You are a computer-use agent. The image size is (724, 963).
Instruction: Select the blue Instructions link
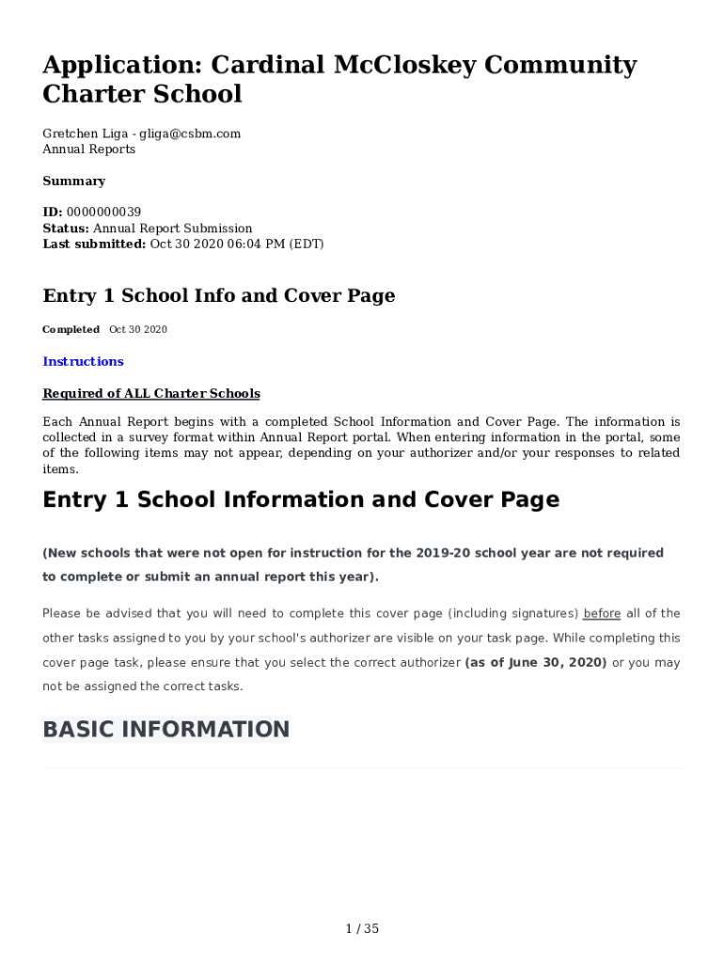(83, 362)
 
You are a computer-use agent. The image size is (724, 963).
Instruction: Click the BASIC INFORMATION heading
(166, 730)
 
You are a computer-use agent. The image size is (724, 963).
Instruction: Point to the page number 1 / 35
(362, 929)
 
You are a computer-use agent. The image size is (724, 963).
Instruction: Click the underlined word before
(602, 614)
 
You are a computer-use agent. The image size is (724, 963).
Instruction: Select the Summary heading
(73, 182)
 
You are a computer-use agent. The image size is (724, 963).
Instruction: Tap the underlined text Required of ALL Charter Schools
(151, 394)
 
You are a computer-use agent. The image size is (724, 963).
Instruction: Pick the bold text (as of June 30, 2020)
(536, 663)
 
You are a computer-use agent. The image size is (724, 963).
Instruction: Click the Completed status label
(71, 330)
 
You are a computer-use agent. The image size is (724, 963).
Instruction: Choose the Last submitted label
(94, 245)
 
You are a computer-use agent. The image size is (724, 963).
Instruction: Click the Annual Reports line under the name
(88, 150)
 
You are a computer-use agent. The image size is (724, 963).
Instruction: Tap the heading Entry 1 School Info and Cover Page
(218, 296)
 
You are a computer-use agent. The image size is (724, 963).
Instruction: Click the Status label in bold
(66, 229)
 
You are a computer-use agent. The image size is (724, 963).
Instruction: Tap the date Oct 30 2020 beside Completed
(137, 330)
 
